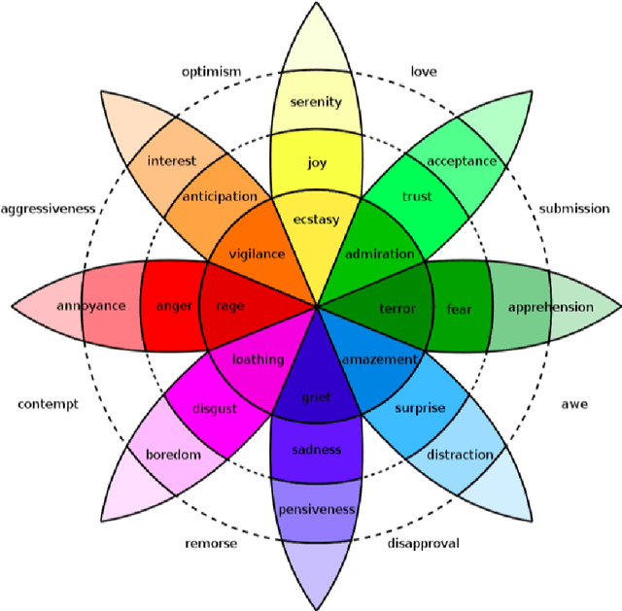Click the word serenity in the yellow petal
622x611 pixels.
pyautogui.click(x=316, y=102)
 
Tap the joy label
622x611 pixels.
pyautogui.click(x=317, y=162)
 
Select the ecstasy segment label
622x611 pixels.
pyautogui.click(x=317, y=220)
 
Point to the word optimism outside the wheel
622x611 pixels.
pyautogui.click(x=211, y=72)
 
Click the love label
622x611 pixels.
pyautogui.click(x=424, y=72)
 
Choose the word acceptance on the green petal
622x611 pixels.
pyautogui.click(x=462, y=161)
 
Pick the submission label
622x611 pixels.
pyautogui.click(x=574, y=209)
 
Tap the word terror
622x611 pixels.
pyautogui.click(x=397, y=309)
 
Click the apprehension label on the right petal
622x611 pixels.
pyautogui.click(x=550, y=308)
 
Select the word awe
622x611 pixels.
pyautogui.click(x=574, y=404)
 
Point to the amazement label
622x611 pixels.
pyautogui.click(x=379, y=359)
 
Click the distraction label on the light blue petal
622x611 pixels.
pyautogui.click(x=460, y=455)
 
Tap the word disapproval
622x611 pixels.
pyautogui.click(x=423, y=544)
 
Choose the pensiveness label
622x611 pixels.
pyautogui.click(x=317, y=510)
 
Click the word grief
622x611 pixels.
pyautogui.click(x=316, y=397)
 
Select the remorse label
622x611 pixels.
pyautogui.click(x=211, y=544)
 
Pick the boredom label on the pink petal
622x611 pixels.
pyautogui.click(x=173, y=455)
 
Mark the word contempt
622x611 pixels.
pyautogui.click(x=48, y=404)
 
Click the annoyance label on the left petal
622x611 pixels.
pyautogui.click(x=90, y=306)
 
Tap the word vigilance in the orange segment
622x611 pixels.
pyautogui.click(x=257, y=255)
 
